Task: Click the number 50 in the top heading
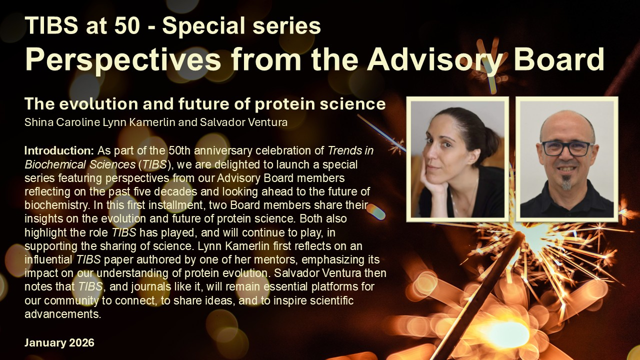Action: point(127,25)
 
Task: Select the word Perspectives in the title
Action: point(123,60)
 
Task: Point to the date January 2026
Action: point(59,342)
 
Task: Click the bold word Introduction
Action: point(59,150)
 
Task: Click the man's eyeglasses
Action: point(566,148)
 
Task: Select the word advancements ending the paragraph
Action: point(63,314)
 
